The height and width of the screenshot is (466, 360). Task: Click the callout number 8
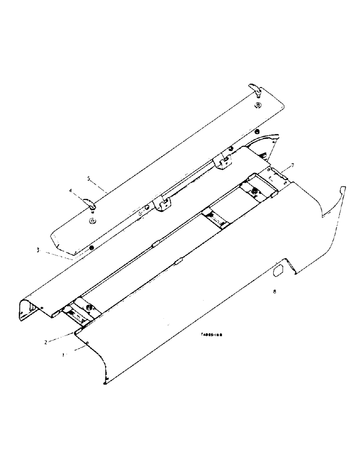[275, 292]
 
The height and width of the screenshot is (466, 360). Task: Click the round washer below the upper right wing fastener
[257, 106]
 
